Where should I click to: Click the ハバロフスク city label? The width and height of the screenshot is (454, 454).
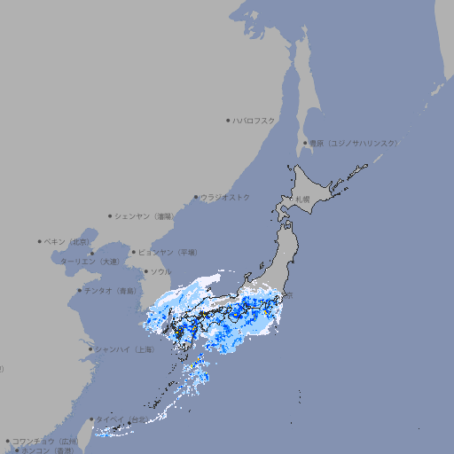point(254,120)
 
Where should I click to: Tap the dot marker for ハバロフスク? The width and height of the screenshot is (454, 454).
point(228,120)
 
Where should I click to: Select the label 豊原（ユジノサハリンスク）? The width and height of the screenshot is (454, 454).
point(354,143)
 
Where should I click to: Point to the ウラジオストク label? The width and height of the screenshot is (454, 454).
point(225,197)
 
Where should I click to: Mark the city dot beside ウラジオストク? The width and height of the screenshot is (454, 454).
point(196,197)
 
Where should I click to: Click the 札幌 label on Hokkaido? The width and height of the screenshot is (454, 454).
point(302,199)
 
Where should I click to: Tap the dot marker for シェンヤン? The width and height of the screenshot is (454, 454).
point(111,215)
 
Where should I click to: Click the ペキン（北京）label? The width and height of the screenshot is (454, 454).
point(68,241)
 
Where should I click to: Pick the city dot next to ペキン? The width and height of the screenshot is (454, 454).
point(40,241)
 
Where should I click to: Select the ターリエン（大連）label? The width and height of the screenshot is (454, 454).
point(90,262)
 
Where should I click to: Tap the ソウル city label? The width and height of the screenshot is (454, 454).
point(160,271)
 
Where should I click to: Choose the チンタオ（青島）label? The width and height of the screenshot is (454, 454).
point(111,290)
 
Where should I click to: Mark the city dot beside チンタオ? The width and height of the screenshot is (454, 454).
point(80,290)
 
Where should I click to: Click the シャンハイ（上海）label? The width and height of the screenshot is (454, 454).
point(124,349)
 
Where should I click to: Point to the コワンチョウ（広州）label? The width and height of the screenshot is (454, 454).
point(45,441)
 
